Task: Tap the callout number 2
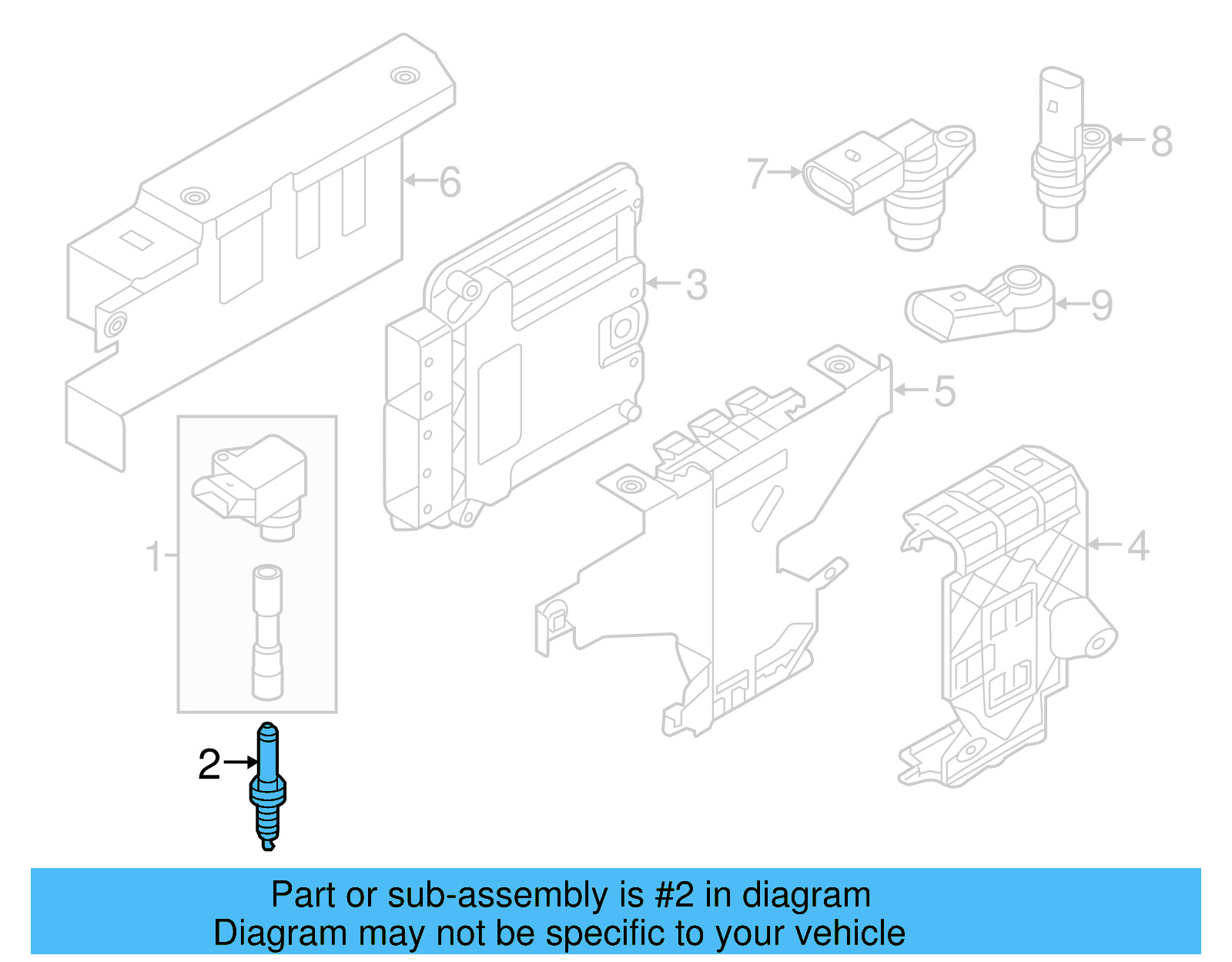[209, 765]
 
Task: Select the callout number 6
[450, 183]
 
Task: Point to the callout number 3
[696, 285]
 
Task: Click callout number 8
[1162, 142]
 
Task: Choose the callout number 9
[1102, 305]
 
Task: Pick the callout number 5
[945, 391]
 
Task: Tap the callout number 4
[1138, 546]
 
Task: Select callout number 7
[757, 173]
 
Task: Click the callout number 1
[154, 556]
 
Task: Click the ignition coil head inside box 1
[254, 481]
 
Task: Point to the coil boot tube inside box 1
[267, 632]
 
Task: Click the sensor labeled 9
[978, 304]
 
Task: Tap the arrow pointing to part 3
[663, 283]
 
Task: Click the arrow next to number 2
[241, 762]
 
